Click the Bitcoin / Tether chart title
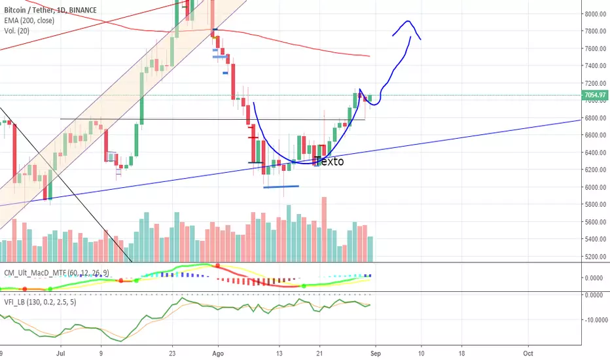(x=50, y=10)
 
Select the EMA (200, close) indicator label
(x=29, y=20)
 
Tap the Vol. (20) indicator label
(x=17, y=31)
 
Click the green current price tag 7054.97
(x=595, y=95)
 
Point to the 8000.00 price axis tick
(x=595, y=14)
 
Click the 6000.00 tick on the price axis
(x=595, y=187)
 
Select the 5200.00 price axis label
(x=595, y=257)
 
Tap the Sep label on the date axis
(x=376, y=353)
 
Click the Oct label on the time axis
(x=528, y=353)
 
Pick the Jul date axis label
(x=60, y=353)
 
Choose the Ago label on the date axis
(x=218, y=353)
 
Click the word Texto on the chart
(x=329, y=161)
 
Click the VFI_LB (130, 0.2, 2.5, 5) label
(x=40, y=302)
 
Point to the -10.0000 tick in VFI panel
(x=596, y=320)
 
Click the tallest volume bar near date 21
(x=324, y=229)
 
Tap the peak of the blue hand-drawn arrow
(x=408, y=21)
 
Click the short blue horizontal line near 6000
(x=281, y=187)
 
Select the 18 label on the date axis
(x=461, y=353)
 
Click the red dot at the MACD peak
(x=217, y=266)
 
